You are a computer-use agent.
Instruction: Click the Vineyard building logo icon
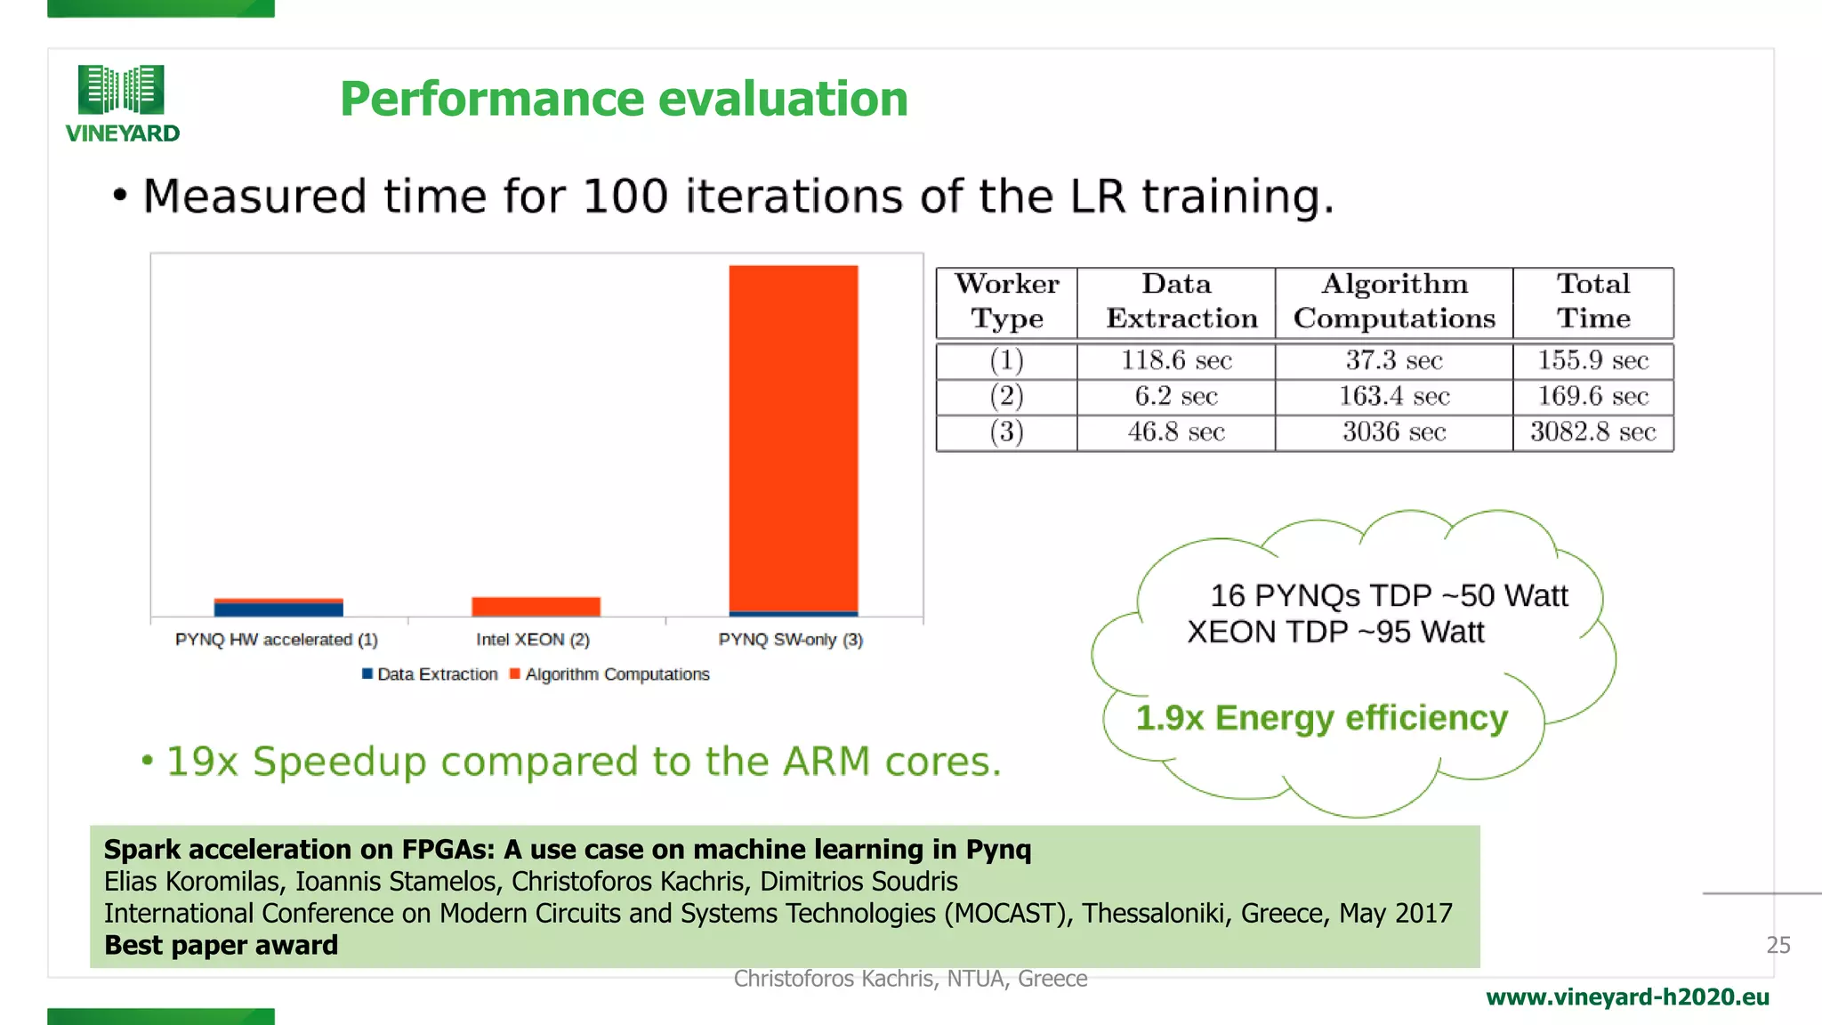[x=121, y=89]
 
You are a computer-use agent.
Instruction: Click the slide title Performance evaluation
[x=624, y=99]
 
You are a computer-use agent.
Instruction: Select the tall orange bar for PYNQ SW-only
[x=793, y=436]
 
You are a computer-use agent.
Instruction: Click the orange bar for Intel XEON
[x=536, y=606]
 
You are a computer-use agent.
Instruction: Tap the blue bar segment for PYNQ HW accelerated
[x=278, y=609]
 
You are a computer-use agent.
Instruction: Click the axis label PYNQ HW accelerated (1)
[x=277, y=640]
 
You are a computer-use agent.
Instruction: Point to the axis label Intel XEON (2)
[x=532, y=640]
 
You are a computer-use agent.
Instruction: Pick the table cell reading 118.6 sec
[x=1175, y=360]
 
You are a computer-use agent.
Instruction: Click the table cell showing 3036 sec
[x=1393, y=432]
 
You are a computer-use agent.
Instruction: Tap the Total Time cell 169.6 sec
[x=1592, y=396]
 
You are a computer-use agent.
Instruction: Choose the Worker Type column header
[x=1006, y=302]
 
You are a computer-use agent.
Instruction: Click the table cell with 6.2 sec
[x=1175, y=396]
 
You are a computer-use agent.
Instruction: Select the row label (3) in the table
[x=1006, y=432]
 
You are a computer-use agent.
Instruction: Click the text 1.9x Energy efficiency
[x=1321, y=717]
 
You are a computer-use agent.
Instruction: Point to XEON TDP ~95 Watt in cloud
[x=1335, y=632]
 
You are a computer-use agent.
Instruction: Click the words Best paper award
[x=221, y=945]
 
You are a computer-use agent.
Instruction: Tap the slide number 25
[x=1778, y=945]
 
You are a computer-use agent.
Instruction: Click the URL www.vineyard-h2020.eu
[x=1627, y=997]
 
